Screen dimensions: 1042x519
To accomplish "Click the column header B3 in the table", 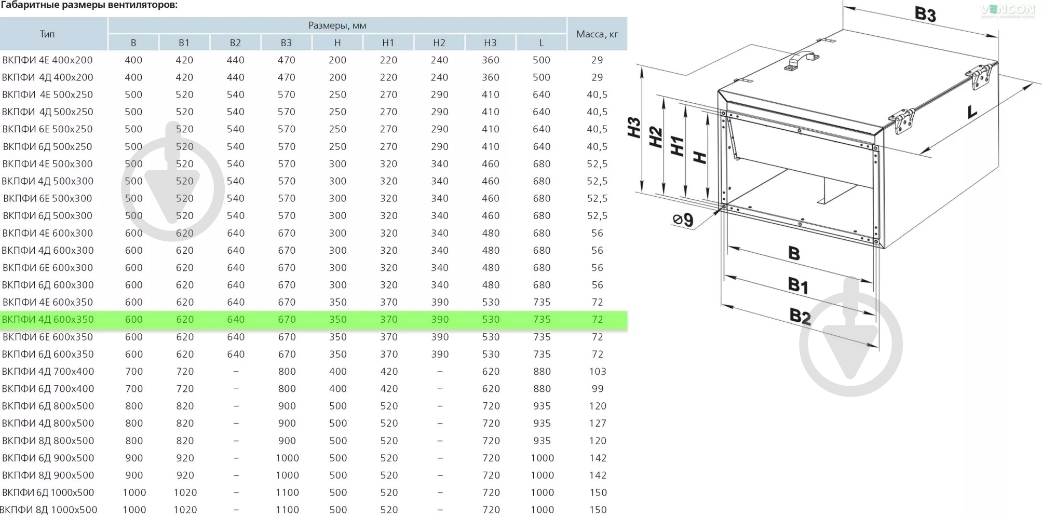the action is (x=286, y=43).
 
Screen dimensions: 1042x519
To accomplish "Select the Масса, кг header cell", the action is (x=597, y=34).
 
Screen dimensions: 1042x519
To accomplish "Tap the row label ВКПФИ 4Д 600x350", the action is (x=48, y=320).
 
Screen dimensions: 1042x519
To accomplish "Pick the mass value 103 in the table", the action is (x=598, y=372).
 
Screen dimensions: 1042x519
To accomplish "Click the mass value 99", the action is (x=598, y=389).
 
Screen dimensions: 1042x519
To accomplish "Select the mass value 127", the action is (x=598, y=424).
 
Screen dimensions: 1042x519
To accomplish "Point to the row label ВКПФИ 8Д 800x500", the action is (x=48, y=441).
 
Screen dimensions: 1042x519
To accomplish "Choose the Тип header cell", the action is (x=47, y=34).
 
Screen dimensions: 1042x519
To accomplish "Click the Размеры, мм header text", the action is (x=337, y=25).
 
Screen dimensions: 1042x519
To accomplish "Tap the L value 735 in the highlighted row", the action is (x=542, y=320).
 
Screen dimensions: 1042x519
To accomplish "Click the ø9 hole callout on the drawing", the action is (x=683, y=220).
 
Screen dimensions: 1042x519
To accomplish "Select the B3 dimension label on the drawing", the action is (x=925, y=14).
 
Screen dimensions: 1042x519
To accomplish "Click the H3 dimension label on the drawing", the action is (x=634, y=128).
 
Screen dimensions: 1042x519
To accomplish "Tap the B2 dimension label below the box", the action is (x=800, y=316).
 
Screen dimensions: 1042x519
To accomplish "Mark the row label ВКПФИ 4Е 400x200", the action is (x=47, y=60).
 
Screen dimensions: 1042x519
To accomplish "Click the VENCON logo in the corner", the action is (x=1008, y=10).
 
